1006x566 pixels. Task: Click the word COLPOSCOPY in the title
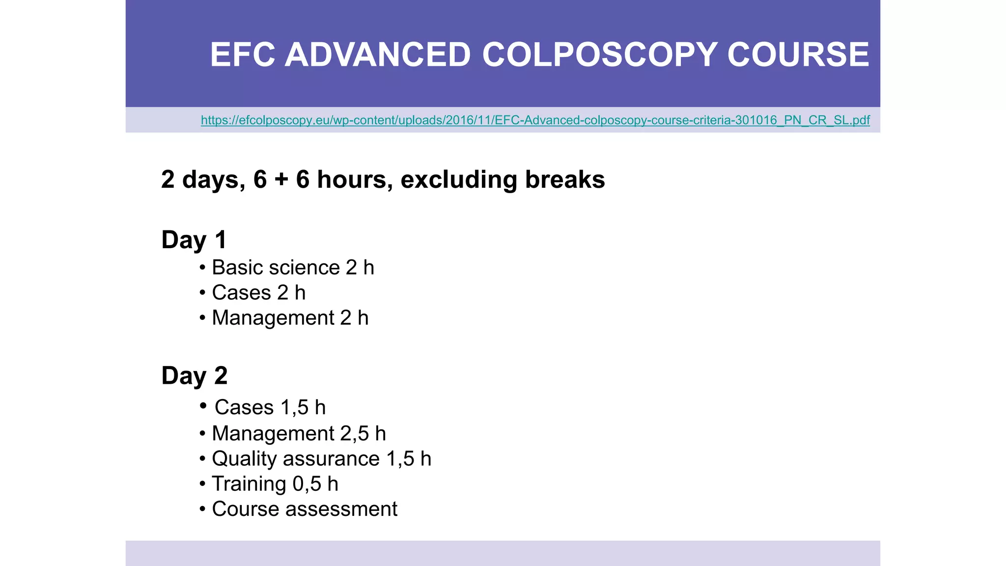599,55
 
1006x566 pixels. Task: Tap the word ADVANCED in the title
378,55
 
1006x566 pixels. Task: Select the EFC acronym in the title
242,55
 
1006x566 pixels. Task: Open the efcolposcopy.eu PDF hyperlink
535,120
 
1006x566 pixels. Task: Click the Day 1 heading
194,240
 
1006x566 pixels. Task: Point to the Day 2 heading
195,376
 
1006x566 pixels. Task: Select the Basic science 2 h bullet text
293,268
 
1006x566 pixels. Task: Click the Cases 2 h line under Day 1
258,293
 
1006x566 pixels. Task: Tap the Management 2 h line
290,318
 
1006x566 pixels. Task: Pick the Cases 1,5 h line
270,407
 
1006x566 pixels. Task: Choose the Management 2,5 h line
299,433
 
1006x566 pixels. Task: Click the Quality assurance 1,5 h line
321,459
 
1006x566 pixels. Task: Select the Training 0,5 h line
275,484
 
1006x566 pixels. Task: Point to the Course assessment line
304,509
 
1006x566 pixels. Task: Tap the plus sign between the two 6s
281,180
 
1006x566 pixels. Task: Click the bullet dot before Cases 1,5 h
203,405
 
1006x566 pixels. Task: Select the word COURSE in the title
798,55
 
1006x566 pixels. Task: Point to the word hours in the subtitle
355,180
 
